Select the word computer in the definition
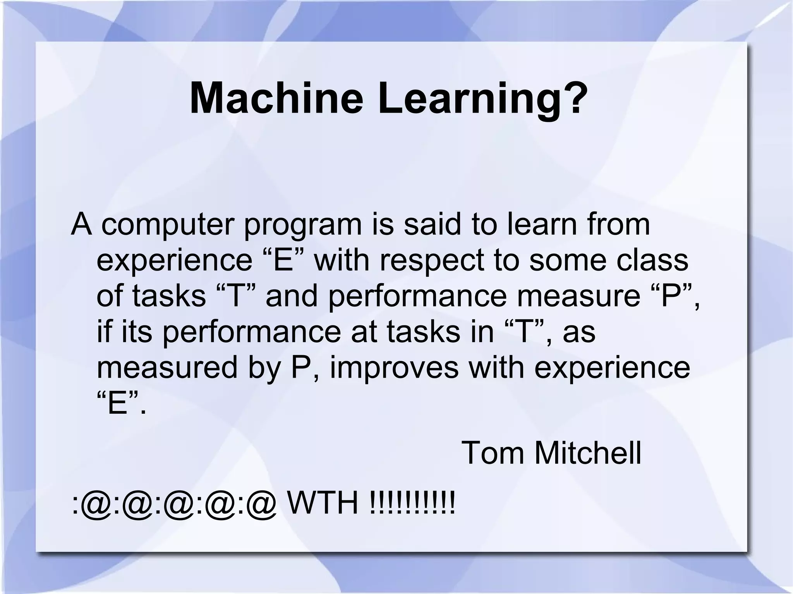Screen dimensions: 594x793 point(168,226)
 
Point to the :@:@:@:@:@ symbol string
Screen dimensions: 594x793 point(174,505)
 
